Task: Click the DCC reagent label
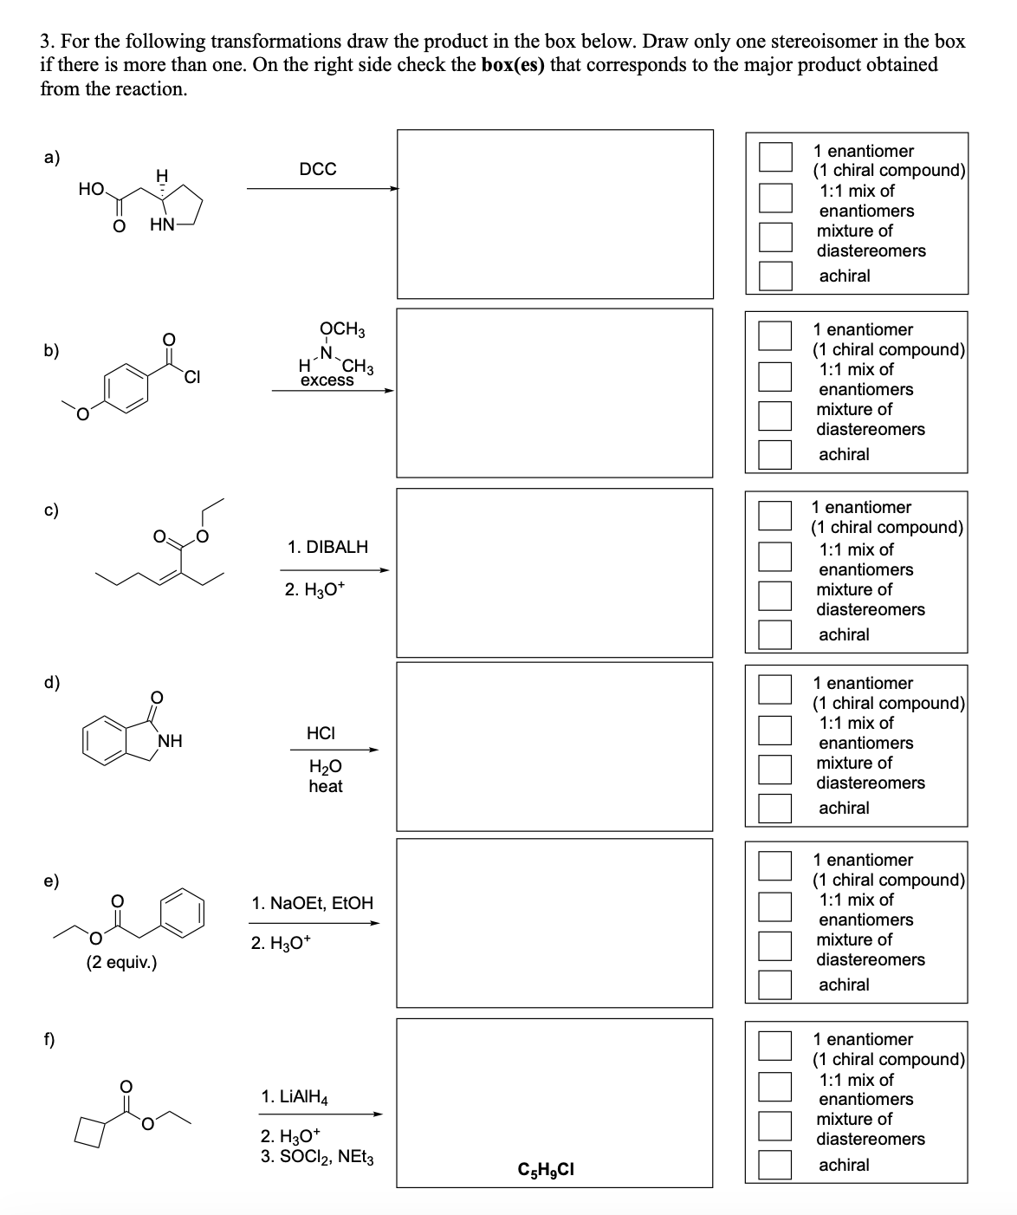(x=318, y=169)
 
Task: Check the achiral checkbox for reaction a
(x=775, y=276)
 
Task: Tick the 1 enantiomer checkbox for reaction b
(x=775, y=335)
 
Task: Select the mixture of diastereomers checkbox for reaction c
(x=775, y=595)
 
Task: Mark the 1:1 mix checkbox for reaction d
(x=775, y=730)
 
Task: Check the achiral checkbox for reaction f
(x=775, y=1165)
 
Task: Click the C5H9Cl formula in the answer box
(x=545, y=1171)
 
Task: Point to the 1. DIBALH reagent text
(x=327, y=547)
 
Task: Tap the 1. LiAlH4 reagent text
(x=295, y=1097)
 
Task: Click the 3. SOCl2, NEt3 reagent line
(x=317, y=1157)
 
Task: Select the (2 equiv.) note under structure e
(x=121, y=962)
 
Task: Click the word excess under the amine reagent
(x=327, y=380)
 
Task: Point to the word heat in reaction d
(x=326, y=786)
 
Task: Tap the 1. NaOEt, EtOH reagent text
(x=313, y=903)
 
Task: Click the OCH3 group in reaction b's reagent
(x=342, y=329)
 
